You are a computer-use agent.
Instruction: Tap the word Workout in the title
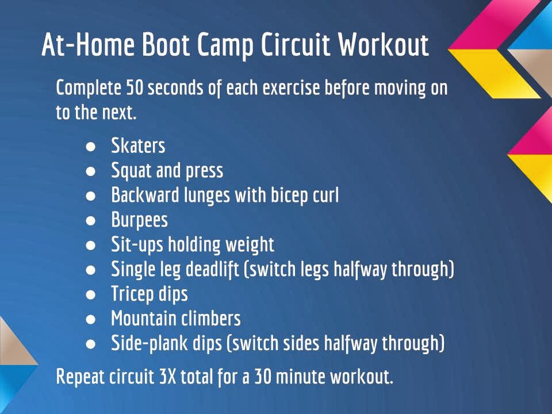(x=384, y=44)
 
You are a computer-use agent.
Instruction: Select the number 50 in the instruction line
(x=135, y=87)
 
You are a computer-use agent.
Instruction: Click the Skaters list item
(x=138, y=145)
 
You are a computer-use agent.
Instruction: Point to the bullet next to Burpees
(x=91, y=221)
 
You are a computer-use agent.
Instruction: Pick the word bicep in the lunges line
(x=285, y=196)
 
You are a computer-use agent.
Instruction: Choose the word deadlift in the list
(x=212, y=270)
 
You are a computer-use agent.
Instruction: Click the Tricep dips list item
(x=149, y=294)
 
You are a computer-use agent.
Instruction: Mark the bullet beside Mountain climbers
(x=91, y=319)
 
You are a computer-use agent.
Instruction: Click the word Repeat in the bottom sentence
(x=80, y=377)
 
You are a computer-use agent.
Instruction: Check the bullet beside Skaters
(x=91, y=147)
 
